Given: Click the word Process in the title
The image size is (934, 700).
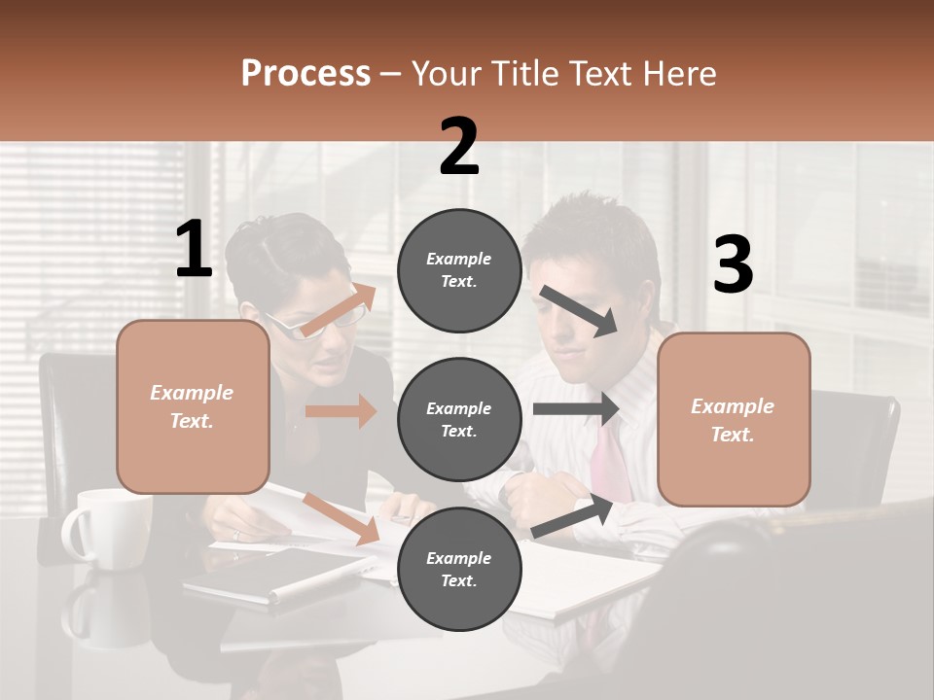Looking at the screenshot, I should (x=305, y=74).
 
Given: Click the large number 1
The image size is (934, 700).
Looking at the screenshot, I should (x=194, y=250).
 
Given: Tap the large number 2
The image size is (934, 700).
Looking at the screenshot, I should (x=459, y=147).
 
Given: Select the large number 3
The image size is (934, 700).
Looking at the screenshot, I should (x=733, y=265).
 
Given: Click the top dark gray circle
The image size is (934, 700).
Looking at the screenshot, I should (x=459, y=270).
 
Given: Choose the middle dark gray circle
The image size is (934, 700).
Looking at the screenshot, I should (x=459, y=420).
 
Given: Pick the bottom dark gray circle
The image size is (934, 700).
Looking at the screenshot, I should (x=459, y=570).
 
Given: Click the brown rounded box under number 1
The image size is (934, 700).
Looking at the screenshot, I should (x=193, y=406).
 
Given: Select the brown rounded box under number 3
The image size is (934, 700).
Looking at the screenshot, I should (x=734, y=420).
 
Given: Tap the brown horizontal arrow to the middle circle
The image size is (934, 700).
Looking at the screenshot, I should (x=341, y=411).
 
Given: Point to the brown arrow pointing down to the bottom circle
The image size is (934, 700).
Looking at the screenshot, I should (x=341, y=517).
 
